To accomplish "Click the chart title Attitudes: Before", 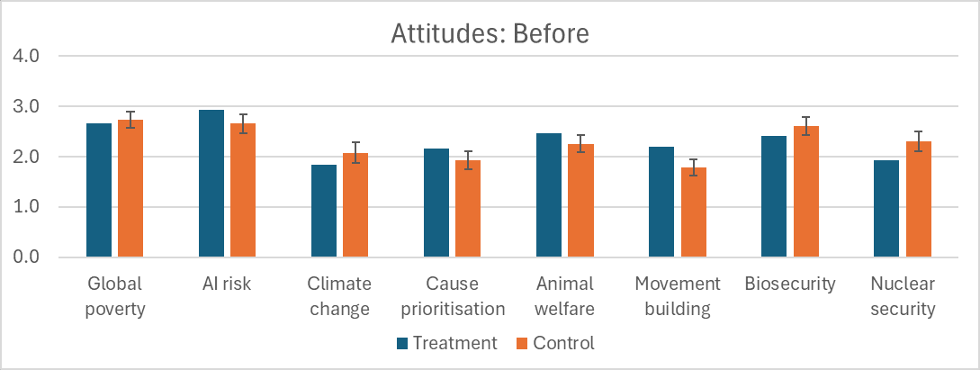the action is [x=490, y=33].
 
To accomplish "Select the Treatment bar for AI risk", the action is [x=211, y=184].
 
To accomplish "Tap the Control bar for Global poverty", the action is [x=130, y=188].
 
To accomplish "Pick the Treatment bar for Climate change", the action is [x=324, y=212].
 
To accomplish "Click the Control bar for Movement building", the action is [x=694, y=212].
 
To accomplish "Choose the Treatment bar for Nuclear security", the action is [x=886, y=209].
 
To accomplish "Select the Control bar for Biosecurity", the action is [x=806, y=192].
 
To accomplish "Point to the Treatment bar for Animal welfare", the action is [x=549, y=195].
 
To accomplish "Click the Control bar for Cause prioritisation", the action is [x=468, y=209].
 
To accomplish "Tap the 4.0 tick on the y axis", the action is [x=25, y=56].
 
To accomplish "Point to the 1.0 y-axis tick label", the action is [x=25, y=207].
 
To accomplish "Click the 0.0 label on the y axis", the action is [x=25, y=257].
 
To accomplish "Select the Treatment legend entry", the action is [x=447, y=343].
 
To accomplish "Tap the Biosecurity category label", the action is [x=790, y=284].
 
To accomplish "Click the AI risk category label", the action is [x=228, y=284].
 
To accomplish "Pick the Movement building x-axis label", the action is [x=678, y=297].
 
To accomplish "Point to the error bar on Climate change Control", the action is [x=355, y=152].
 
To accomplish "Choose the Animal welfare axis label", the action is [x=565, y=297].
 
